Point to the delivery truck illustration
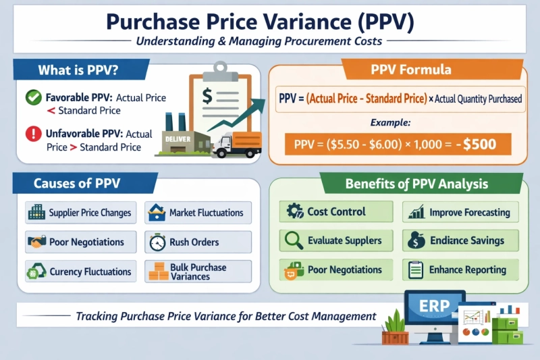[232, 145]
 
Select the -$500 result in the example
[481, 144]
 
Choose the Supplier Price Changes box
[80, 213]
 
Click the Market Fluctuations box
[198, 213]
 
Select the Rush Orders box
[198, 242]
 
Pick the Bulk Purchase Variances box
[198, 272]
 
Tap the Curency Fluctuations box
[80, 272]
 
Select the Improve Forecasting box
[461, 211]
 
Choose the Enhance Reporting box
[461, 270]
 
